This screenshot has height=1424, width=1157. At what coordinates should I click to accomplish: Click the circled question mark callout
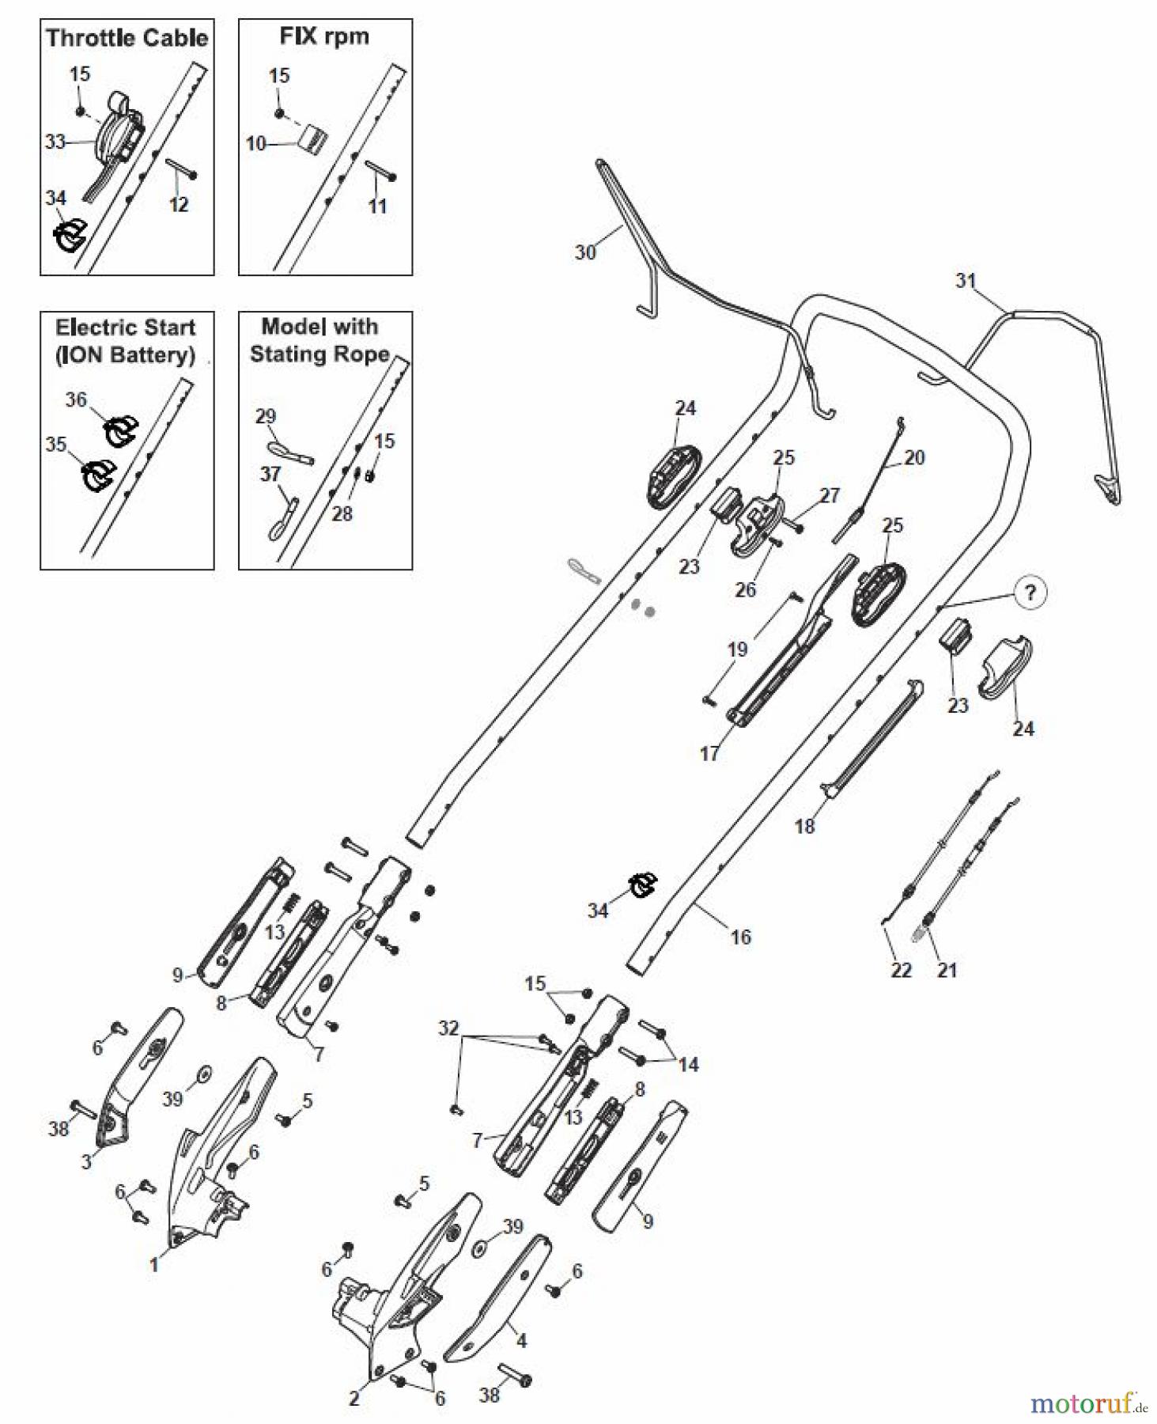point(1030,593)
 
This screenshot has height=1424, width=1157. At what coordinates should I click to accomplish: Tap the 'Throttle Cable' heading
point(127,38)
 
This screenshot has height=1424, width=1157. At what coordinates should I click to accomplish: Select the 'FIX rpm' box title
point(324,36)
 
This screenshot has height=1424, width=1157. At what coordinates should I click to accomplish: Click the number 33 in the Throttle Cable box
point(55,142)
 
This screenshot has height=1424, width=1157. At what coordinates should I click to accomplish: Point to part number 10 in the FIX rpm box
point(255,144)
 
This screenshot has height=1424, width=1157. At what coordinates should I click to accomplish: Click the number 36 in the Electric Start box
point(76,400)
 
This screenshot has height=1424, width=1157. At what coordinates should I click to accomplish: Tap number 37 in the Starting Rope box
point(270,474)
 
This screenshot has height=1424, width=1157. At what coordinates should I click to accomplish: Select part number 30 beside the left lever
point(584,252)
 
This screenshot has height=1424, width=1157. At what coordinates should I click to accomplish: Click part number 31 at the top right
point(966,281)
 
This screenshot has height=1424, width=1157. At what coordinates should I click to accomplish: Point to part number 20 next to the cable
point(914,458)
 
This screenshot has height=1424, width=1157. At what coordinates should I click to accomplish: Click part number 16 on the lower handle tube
point(740,937)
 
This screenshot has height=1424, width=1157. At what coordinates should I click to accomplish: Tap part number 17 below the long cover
point(709,754)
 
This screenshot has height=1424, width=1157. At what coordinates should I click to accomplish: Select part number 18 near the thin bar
point(804,827)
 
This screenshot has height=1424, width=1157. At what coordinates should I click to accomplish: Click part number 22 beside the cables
point(902,971)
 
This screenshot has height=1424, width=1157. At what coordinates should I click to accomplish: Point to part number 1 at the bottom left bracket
point(154,1265)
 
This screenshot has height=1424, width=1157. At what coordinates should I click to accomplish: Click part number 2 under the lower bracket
point(354,1399)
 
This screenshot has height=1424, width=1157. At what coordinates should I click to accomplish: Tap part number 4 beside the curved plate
point(521,1340)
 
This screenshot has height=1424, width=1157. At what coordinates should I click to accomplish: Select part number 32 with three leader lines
point(448,1028)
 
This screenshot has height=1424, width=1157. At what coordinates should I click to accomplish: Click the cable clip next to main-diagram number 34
point(642,885)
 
